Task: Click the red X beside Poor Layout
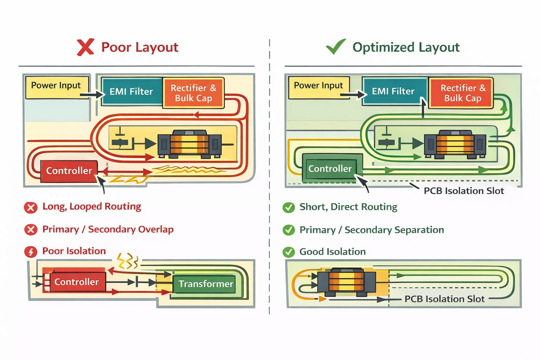[x=85, y=47]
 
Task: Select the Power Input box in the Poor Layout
[x=56, y=87]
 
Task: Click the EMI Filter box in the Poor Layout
[x=131, y=91]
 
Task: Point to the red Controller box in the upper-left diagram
[x=69, y=171]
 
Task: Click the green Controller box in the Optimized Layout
[x=330, y=169]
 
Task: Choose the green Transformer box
[x=206, y=284]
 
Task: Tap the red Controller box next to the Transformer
[x=76, y=282]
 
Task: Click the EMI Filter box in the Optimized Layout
[x=393, y=91]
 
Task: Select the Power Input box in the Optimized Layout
[x=319, y=86]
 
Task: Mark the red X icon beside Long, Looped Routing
[x=31, y=207]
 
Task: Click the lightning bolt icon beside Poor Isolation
[x=31, y=252]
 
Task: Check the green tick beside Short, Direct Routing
[x=289, y=207]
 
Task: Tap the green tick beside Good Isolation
[x=289, y=252]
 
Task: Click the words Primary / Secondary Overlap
[x=108, y=229]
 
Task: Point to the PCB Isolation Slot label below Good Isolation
[x=444, y=299]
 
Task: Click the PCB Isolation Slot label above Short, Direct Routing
[x=464, y=191]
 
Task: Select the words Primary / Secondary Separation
[x=372, y=230]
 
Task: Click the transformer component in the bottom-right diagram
[x=346, y=282]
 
